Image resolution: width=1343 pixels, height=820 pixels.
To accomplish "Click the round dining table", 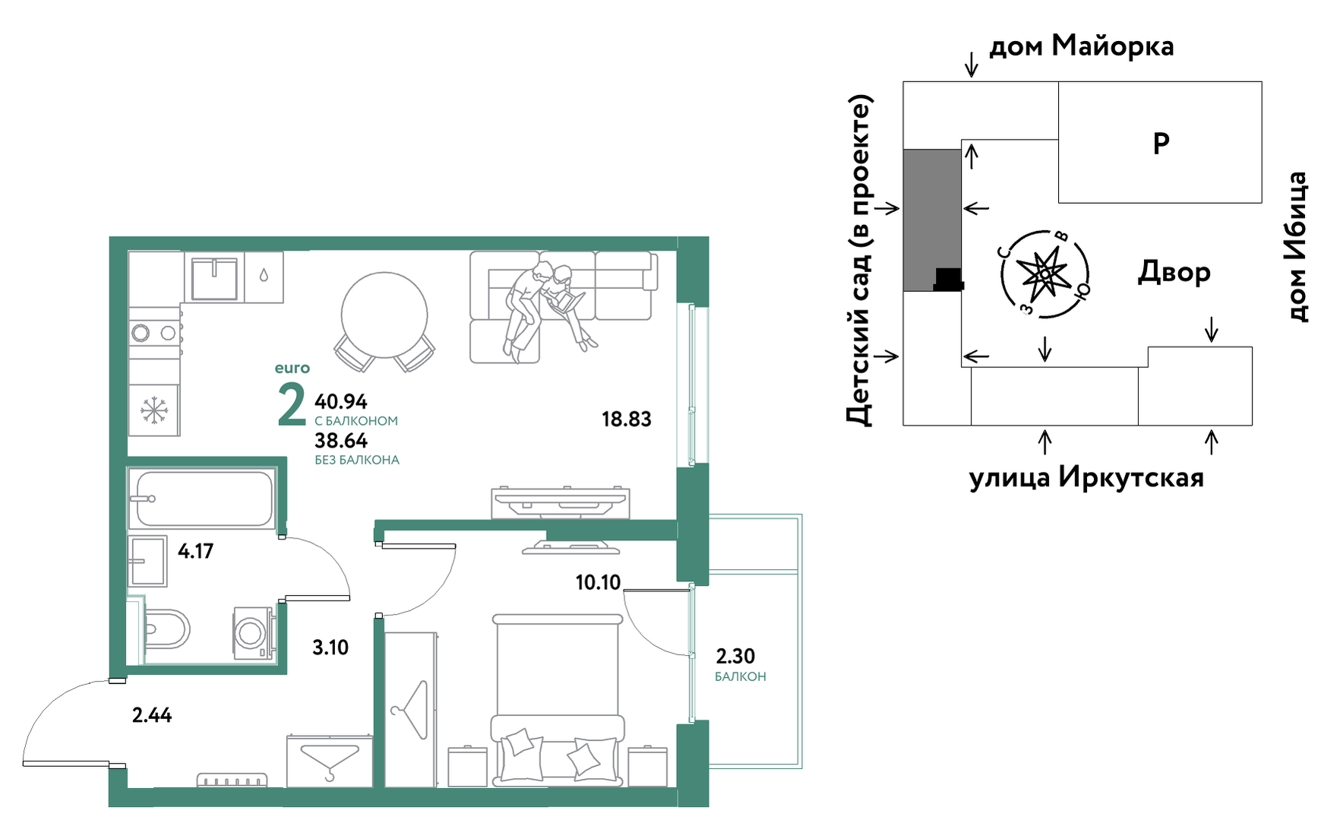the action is tap(384, 315).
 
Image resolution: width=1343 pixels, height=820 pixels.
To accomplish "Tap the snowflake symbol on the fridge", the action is tap(154, 410).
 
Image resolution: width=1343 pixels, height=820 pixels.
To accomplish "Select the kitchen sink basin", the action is tap(214, 279).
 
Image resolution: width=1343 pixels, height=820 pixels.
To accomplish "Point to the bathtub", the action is tap(202, 499).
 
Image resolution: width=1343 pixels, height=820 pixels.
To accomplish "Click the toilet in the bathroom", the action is tap(166, 628).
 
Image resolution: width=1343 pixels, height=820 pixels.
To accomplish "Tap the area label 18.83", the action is tap(627, 419).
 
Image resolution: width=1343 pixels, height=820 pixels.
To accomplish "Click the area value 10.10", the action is tap(598, 583).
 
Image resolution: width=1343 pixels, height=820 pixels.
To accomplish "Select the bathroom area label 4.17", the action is tap(195, 551).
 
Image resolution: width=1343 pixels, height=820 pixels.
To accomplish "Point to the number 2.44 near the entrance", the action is tap(152, 715).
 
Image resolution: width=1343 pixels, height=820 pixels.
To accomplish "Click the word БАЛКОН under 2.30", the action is tap(741, 676).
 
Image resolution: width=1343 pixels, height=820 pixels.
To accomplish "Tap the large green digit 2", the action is tap(292, 404).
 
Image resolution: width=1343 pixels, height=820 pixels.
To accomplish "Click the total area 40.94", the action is tap(341, 401).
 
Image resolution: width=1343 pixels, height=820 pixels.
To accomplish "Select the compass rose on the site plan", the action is tap(1045, 274).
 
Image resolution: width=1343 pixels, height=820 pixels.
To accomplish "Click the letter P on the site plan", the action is tap(1161, 143).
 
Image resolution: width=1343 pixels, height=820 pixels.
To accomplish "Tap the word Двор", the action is tap(1174, 272).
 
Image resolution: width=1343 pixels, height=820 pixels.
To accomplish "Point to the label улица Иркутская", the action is tap(1086, 477).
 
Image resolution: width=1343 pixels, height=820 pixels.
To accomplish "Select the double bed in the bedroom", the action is tap(558, 700).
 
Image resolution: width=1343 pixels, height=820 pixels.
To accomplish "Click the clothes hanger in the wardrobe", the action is tap(410, 709).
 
